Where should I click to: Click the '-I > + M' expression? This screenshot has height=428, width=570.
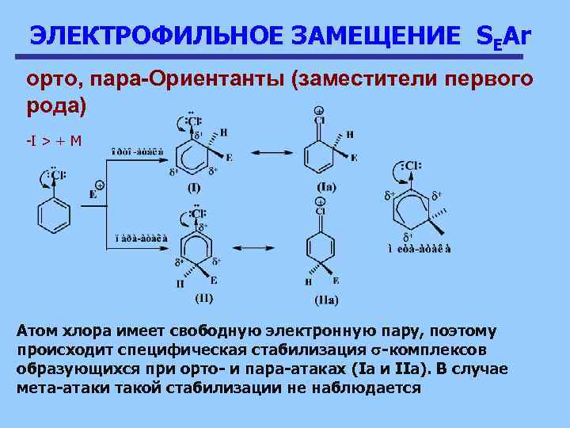coord(54,140)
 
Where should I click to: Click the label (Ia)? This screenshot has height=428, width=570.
coord(326,187)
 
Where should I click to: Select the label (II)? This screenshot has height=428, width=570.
coord(203,298)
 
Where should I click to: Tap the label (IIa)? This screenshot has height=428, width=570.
coord(326,300)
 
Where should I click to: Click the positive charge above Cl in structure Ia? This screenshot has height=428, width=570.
coord(319,111)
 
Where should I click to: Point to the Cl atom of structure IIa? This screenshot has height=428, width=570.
coord(321,212)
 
